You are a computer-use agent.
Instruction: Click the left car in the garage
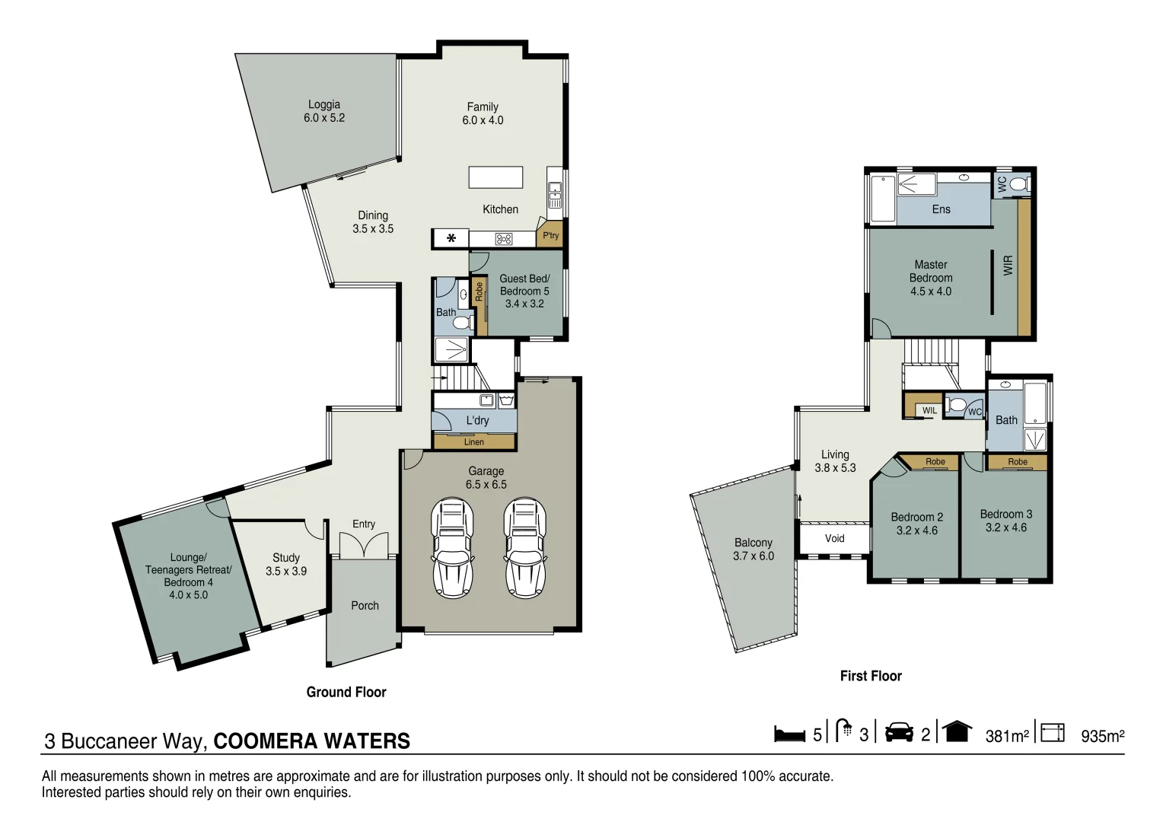(x=452, y=548)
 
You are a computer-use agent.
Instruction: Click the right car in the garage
(x=525, y=548)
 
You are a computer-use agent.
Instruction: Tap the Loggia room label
(x=324, y=105)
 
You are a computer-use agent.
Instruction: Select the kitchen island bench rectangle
(x=495, y=177)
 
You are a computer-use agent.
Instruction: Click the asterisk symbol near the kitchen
(x=451, y=238)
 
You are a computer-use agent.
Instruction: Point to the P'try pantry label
(x=550, y=236)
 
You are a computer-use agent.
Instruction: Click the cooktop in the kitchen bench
(x=504, y=239)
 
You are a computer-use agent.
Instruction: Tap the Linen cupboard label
(x=474, y=442)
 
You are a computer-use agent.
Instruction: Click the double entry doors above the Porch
(x=364, y=546)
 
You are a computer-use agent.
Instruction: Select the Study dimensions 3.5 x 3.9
(x=286, y=572)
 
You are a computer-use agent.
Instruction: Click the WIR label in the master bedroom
(x=1008, y=265)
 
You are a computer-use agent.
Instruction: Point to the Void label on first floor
(x=835, y=538)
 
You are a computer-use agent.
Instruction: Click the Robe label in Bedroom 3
(x=1018, y=462)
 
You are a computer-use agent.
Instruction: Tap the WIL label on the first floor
(x=930, y=411)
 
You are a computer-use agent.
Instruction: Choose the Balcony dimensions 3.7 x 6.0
(x=754, y=556)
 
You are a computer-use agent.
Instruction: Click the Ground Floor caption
(x=346, y=692)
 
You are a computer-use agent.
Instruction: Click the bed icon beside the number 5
(x=789, y=734)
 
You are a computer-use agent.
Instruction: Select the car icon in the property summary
(x=899, y=732)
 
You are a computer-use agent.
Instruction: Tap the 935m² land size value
(x=1102, y=736)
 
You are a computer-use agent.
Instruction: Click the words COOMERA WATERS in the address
(x=312, y=741)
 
